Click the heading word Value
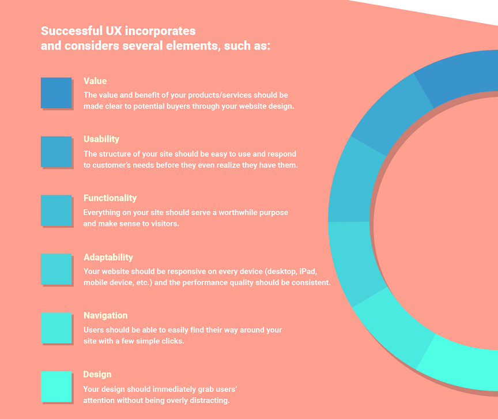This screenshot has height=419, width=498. click(x=95, y=81)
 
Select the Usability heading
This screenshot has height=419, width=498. click(x=101, y=139)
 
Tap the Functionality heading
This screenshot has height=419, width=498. click(x=110, y=198)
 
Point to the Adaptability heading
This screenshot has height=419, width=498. click(x=108, y=257)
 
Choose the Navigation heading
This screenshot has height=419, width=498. click(x=105, y=315)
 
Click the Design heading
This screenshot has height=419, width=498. click(x=97, y=375)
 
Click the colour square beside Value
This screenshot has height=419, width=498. click(x=56, y=93)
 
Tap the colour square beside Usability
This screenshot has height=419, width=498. click(x=56, y=152)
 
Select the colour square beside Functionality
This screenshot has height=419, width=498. click(x=56, y=210)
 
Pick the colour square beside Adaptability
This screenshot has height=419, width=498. click(x=56, y=269)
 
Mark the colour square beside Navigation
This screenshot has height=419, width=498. click(x=56, y=328)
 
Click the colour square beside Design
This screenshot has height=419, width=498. click(x=56, y=387)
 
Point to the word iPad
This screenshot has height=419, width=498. click(x=308, y=271)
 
